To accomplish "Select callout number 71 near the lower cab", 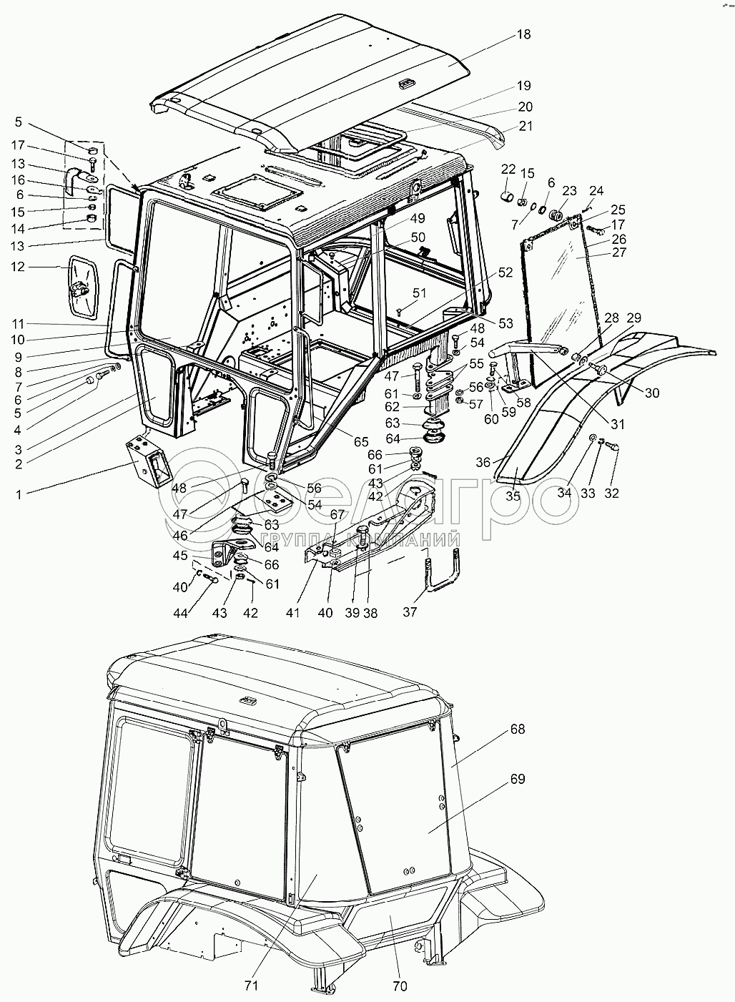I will click(x=251, y=986).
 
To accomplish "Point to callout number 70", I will click(x=400, y=986).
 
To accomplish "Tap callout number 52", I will click(x=505, y=272).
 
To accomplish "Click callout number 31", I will click(x=618, y=423).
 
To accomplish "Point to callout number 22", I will click(x=508, y=169).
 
